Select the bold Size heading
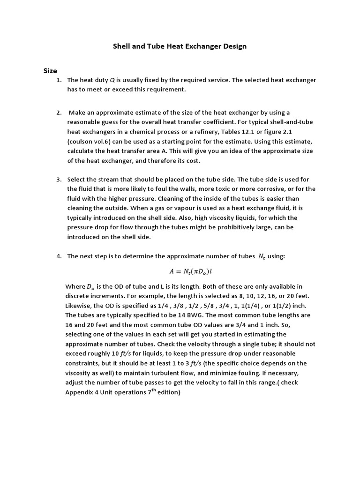point(50,71)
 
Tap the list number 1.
point(59,80)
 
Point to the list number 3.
point(59,180)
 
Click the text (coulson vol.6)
point(91,141)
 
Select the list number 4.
point(59,256)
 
